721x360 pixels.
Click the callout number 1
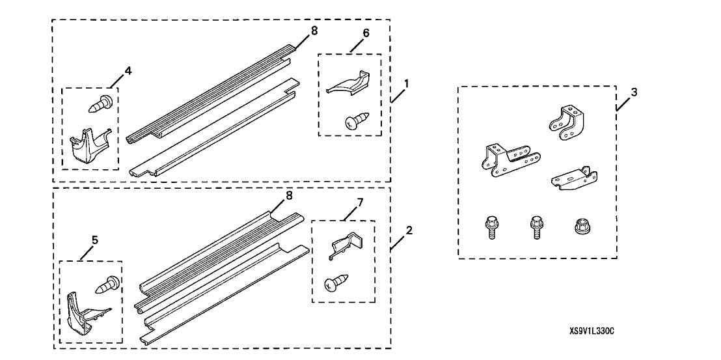[x=406, y=83]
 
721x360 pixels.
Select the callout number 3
[x=634, y=92]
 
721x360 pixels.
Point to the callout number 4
[x=128, y=71]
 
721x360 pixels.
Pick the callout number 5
[x=95, y=240]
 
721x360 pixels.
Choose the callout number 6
[x=366, y=33]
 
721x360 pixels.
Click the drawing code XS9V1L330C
[x=592, y=331]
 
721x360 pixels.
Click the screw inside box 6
[x=357, y=121]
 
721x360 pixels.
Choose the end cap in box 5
[x=87, y=314]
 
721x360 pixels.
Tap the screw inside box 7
[x=336, y=282]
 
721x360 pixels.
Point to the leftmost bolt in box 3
[x=490, y=227]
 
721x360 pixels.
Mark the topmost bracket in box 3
[x=565, y=122]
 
